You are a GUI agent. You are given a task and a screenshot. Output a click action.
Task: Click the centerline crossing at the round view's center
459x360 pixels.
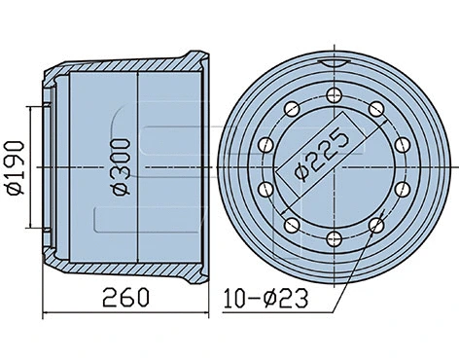click(x=333, y=166)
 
